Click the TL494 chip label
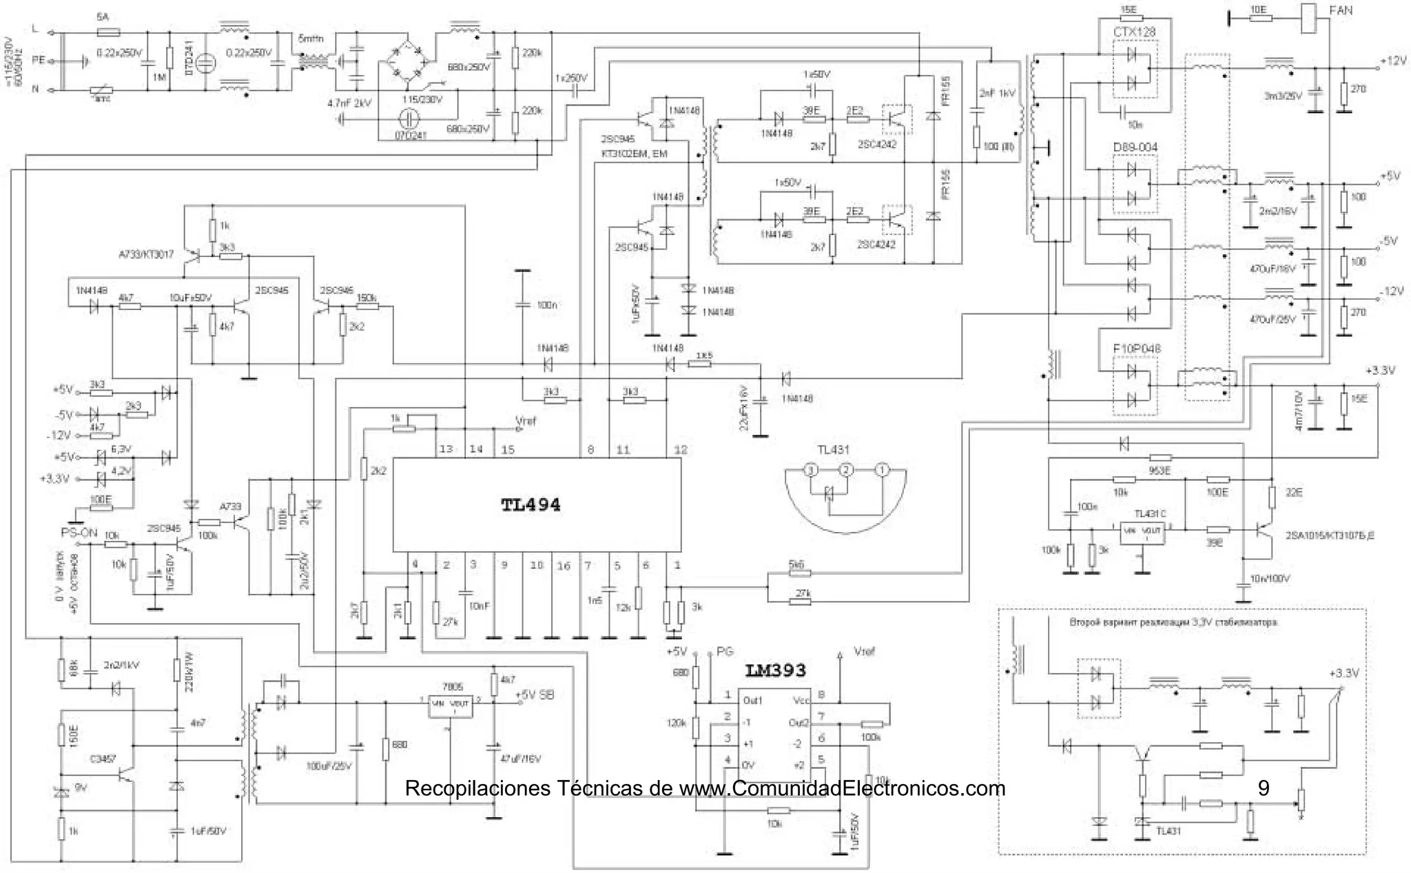(x=531, y=505)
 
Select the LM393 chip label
(x=775, y=670)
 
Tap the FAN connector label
(x=1340, y=10)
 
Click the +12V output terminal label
(x=1392, y=61)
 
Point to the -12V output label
(x=1391, y=291)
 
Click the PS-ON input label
(x=79, y=533)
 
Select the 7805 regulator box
(x=451, y=704)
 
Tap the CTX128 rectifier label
(x=1134, y=32)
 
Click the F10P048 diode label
(x=1136, y=349)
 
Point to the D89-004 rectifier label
(x=1135, y=147)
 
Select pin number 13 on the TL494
(x=446, y=449)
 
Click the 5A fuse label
(x=102, y=16)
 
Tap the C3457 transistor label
(x=103, y=759)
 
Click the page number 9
(x=1263, y=788)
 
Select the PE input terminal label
(x=39, y=61)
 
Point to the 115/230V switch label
(x=422, y=99)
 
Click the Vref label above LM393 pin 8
(x=864, y=651)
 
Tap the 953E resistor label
(x=1160, y=470)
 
